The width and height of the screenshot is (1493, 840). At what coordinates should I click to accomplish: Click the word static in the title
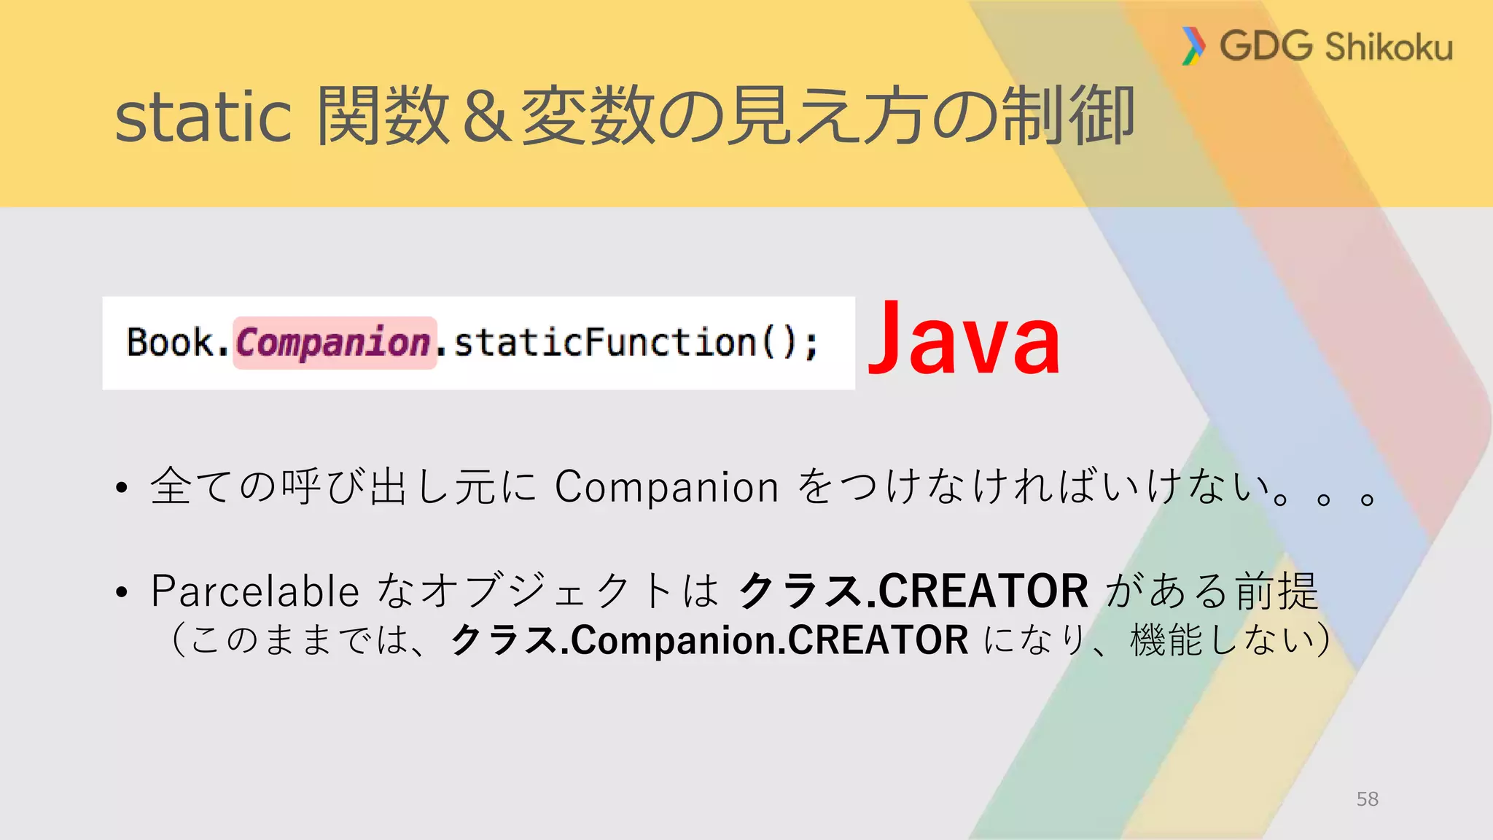(x=203, y=117)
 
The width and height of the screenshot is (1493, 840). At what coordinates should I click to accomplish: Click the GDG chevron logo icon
(x=1193, y=46)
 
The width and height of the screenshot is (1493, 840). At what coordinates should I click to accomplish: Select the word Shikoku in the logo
(x=1389, y=47)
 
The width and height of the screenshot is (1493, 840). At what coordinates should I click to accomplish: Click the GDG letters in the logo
(x=1266, y=46)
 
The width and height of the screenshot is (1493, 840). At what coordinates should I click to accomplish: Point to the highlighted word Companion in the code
(x=334, y=343)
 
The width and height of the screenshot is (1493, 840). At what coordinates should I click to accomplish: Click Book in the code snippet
(x=170, y=342)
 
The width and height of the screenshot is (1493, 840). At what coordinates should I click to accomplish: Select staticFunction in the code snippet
(x=604, y=342)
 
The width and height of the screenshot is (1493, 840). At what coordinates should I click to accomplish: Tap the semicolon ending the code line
(x=811, y=344)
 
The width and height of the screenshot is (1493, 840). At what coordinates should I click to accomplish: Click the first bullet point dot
(x=122, y=488)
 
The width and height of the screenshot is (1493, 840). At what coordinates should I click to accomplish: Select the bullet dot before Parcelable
(x=122, y=592)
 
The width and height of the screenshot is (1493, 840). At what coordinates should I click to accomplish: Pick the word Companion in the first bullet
(x=666, y=486)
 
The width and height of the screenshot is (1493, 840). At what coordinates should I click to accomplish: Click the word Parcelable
(x=255, y=591)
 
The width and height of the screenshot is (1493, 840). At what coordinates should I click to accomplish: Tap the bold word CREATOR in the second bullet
(x=983, y=591)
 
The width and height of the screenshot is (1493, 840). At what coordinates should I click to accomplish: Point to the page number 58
(x=1367, y=799)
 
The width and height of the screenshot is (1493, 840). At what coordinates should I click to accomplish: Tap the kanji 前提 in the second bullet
(x=1276, y=591)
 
